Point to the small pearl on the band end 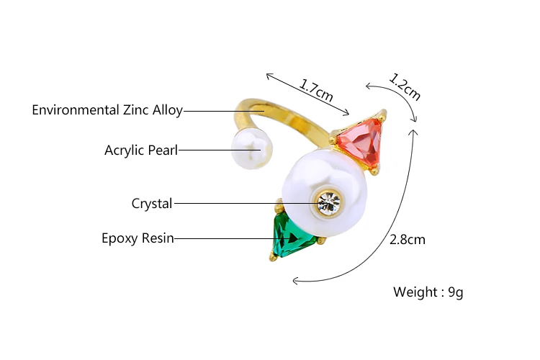pos(251,150)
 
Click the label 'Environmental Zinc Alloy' pos(107,110)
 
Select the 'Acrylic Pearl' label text pos(141,150)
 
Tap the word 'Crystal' pos(152,204)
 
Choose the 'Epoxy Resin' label pos(138,238)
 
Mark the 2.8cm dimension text pos(408,240)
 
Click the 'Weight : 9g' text pos(428,292)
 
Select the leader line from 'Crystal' pos(245,203)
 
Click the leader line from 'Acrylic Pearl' pos(216,150)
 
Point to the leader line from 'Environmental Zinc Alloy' pos(223,111)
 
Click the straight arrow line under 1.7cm pos(307,94)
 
